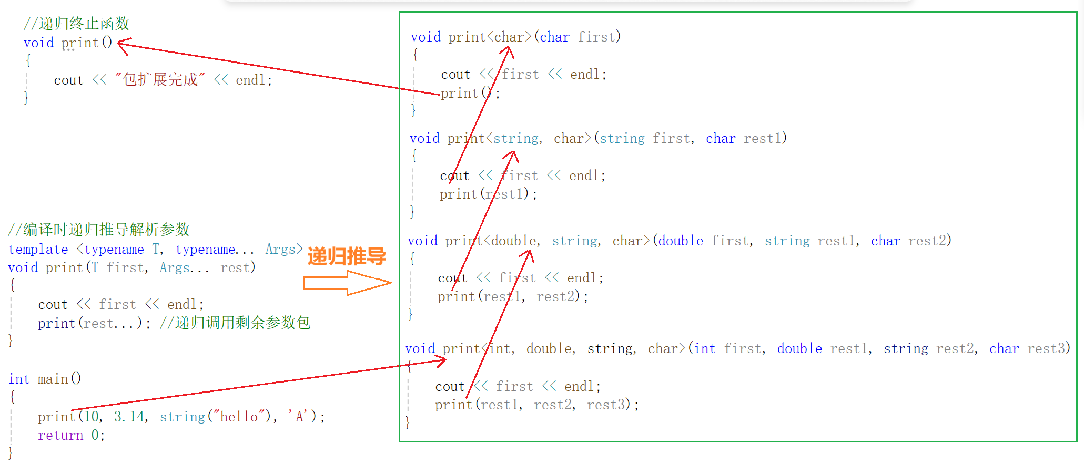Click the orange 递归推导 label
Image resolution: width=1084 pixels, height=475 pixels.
(347, 256)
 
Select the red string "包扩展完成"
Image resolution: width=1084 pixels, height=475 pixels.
(160, 80)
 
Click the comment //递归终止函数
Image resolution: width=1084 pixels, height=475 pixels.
(77, 24)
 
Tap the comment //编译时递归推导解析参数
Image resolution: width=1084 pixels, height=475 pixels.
(99, 230)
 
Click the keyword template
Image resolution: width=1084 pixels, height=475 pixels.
(38, 250)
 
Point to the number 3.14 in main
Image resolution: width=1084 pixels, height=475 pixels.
(130, 417)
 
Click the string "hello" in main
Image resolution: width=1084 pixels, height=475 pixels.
(239, 417)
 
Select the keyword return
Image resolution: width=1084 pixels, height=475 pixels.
(60, 436)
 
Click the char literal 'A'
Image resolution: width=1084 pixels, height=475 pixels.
(299, 417)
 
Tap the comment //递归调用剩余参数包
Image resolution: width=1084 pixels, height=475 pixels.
(235, 323)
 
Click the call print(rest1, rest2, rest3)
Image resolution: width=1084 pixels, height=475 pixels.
(536, 405)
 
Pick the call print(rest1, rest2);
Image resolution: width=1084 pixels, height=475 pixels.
(513, 297)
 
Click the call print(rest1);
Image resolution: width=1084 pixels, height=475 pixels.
(488, 194)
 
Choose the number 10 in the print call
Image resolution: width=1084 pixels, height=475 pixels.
(92, 417)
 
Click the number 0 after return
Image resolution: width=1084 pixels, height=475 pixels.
(95, 436)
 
